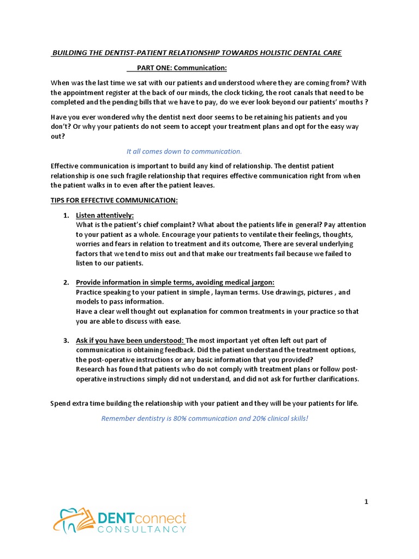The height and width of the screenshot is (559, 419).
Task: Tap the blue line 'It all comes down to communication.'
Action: click(x=184, y=151)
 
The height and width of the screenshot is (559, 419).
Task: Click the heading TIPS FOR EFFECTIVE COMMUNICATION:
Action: click(x=114, y=200)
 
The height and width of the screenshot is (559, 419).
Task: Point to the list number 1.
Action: click(x=66, y=216)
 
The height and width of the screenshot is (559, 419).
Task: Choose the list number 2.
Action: click(x=66, y=282)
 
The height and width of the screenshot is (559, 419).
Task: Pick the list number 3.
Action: click(x=66, y=341)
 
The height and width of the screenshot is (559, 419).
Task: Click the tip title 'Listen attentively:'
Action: click(x=105, y=216)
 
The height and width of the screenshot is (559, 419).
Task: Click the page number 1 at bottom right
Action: click(x=367, y=501)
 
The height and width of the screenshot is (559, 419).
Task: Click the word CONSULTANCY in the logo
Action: click(x=142, y=529)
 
